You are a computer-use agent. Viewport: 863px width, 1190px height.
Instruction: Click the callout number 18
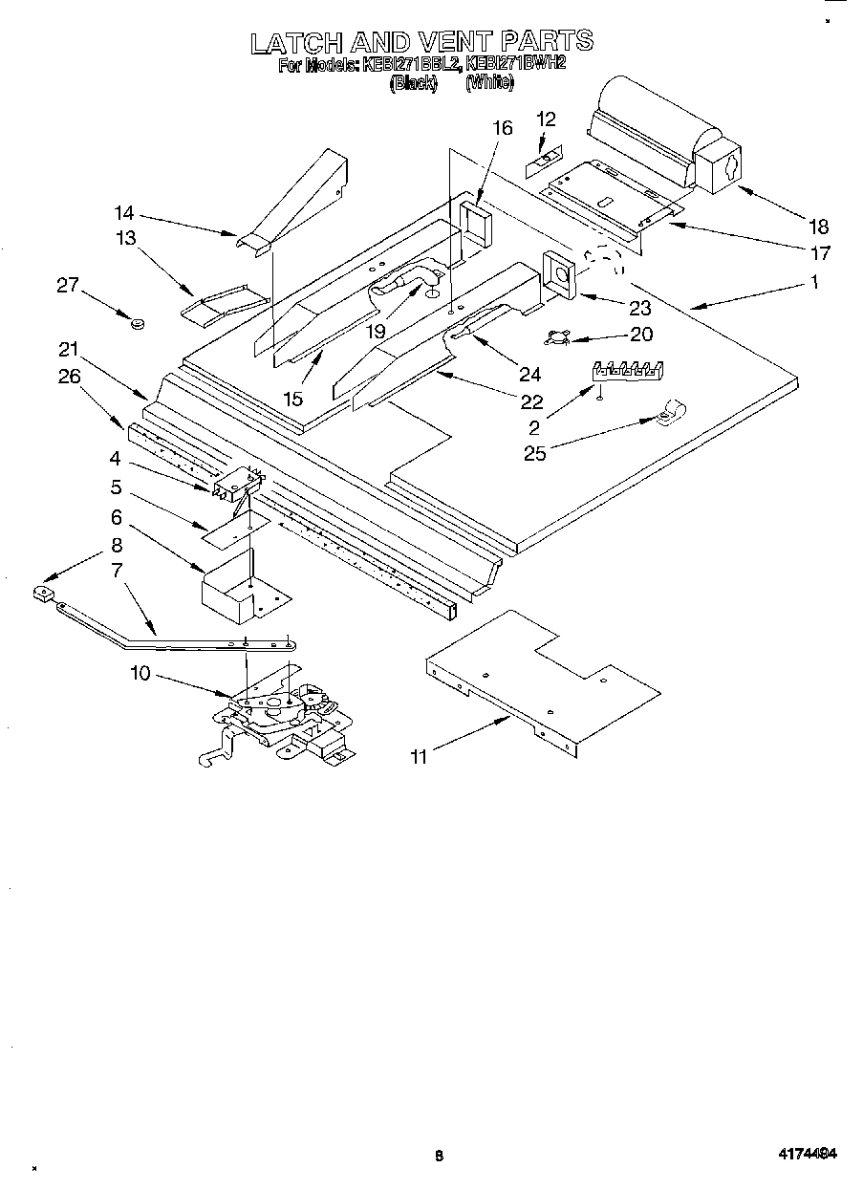point(818,227)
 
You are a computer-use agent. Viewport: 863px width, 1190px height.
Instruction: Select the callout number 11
point(418,757)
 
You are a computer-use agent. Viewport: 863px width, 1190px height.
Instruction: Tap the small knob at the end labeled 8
point(41,594)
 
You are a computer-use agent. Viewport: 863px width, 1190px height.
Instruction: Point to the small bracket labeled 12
point(542,160)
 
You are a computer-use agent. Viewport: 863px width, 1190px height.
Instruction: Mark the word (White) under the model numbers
point(490,83)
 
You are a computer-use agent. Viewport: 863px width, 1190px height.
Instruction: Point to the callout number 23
point(639,308)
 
